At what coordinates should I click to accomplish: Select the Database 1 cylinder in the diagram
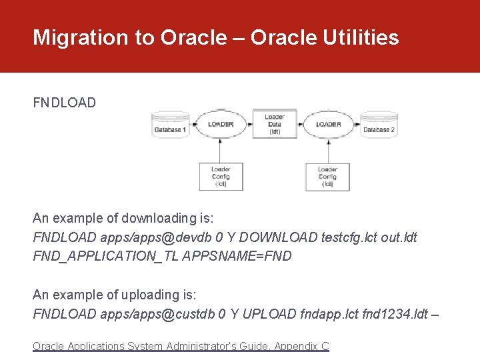point(170,126)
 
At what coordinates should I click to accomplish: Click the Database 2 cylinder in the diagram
point(379,126)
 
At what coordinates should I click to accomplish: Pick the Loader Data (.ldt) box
point(274,124)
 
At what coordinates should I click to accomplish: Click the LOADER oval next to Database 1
point(221,124)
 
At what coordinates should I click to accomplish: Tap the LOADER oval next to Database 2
point(328,124)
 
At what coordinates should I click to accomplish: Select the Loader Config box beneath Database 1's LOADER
point(221,177)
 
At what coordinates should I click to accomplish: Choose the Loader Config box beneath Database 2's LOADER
point(327,177)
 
